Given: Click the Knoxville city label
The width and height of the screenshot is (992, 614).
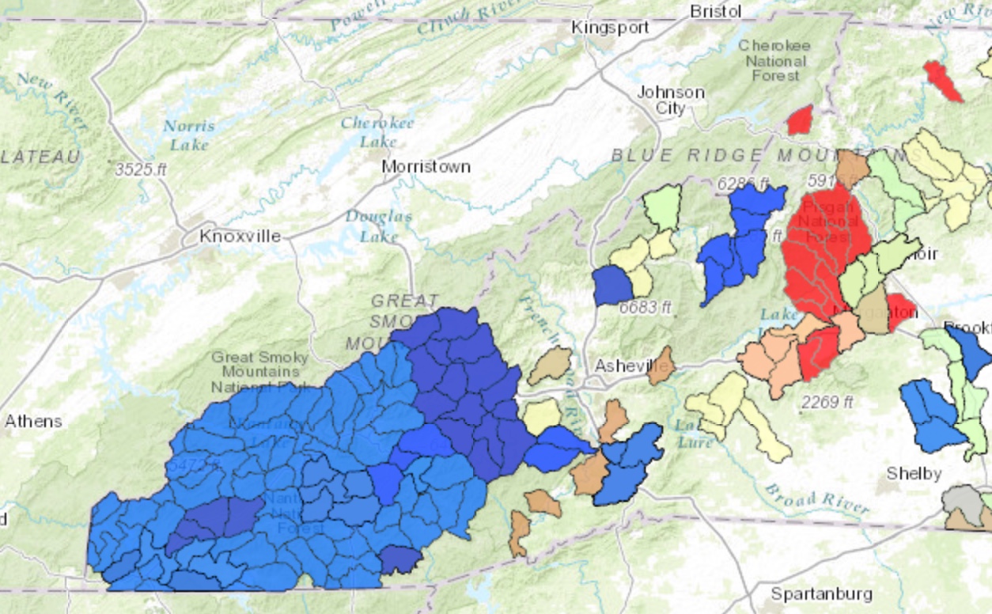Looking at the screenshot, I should click(x=240, y=236).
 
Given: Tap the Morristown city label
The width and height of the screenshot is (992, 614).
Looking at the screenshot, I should click(x=426, y=167).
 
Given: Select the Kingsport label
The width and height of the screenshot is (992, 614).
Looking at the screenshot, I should click(x=610, y=28).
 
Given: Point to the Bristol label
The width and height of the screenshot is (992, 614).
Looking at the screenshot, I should click(x=715, y=11).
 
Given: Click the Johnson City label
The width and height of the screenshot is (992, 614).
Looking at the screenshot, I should click(x=671, y=100).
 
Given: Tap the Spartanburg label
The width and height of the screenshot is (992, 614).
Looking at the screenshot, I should click(x=821, y=593).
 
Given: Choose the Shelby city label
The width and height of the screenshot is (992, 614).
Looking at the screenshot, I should click(x=914, y=473).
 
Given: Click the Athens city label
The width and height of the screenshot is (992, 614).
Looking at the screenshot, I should click(x=33, y=421).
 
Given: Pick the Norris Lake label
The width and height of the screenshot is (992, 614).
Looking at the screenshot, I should click(x=189, y=135).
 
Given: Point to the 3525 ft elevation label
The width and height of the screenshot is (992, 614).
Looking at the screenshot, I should click(x=140, y=169).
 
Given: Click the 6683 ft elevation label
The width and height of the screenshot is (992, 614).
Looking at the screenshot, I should click(x=645, y=307).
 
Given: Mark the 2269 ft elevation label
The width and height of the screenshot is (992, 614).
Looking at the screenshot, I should click(x=827, y=402).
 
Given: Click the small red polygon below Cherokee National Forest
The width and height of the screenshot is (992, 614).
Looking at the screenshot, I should click(x=800, y=120).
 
